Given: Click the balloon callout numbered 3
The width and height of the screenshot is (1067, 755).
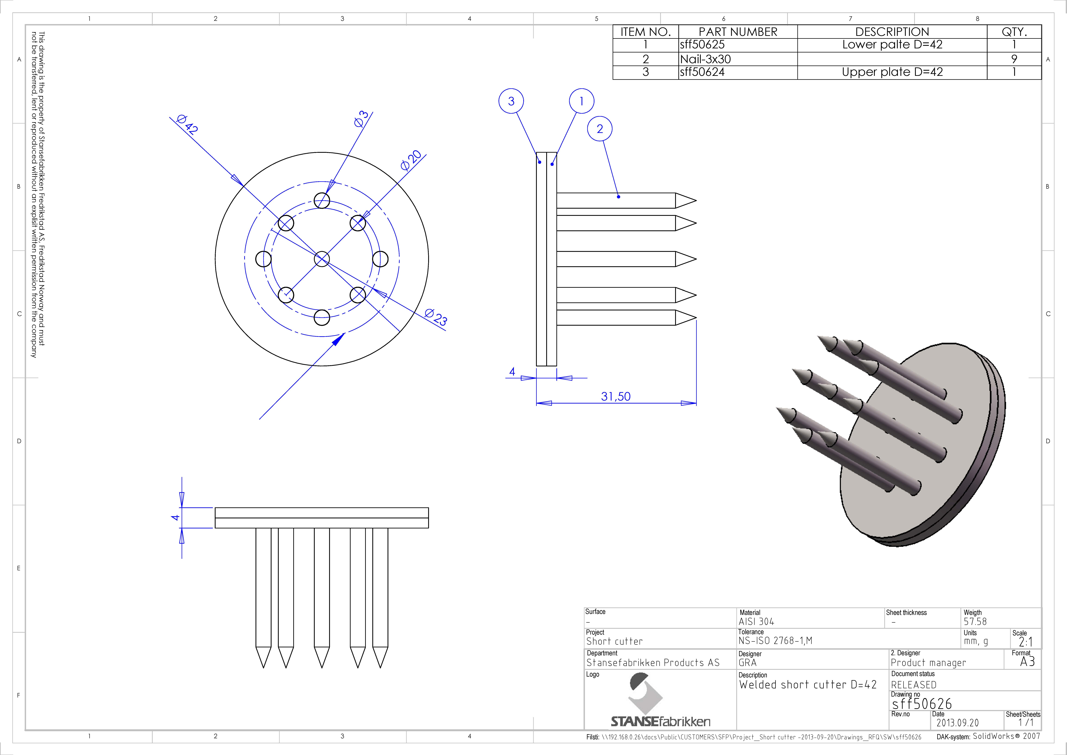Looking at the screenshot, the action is click(x=511, y=101).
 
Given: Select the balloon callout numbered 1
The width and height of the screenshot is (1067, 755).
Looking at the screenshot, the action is click(x=581, y=101).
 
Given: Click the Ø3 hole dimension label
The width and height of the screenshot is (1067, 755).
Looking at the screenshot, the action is click(x=361, y=119).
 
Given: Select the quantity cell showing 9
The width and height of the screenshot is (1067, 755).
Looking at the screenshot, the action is click(x=1014, y=59).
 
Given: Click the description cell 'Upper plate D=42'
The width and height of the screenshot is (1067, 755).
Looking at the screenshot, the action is click(x=892, y=72).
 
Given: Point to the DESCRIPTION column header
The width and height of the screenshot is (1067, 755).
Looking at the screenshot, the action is click(x=892, y=32).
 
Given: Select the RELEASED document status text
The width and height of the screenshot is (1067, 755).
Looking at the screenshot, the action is click(x=914, y=685).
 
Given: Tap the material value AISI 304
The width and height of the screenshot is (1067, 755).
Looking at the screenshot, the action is click(x=757, y=622).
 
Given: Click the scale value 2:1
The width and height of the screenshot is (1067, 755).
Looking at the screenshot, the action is click(x=1026, y=642).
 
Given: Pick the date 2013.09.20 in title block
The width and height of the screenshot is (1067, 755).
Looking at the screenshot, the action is click(x=957, y=723).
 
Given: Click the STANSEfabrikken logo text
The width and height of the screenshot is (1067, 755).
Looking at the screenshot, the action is click(x=660, y=722).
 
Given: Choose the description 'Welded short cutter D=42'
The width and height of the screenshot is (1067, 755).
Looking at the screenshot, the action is click(x=808, y=685).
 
